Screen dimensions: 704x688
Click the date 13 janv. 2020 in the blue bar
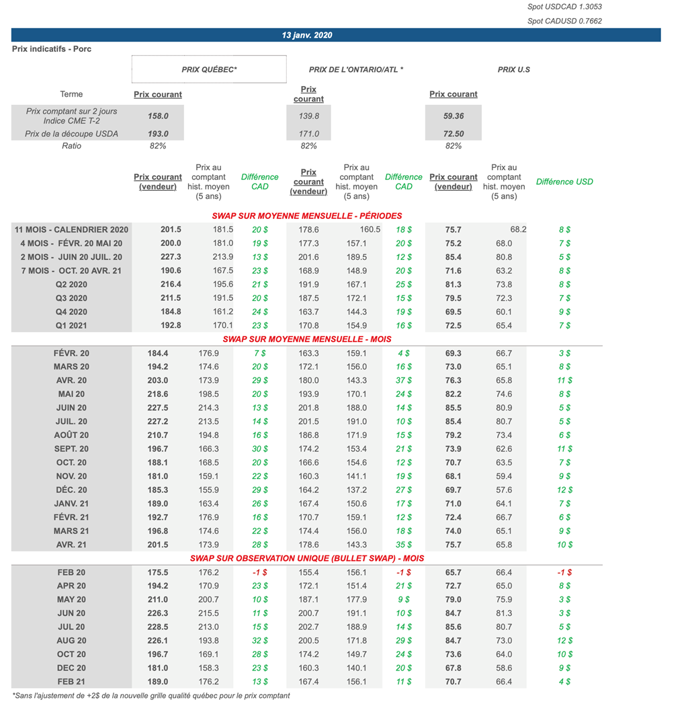307,35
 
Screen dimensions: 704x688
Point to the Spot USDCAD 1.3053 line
564,7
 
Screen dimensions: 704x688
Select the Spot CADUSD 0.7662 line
564,21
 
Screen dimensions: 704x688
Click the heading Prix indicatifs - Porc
52,49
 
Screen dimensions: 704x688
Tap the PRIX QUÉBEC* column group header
209,69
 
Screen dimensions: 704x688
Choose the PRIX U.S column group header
514,69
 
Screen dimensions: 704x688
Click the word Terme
71,95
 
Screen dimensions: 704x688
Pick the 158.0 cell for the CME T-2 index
158,116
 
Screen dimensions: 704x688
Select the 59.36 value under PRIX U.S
454,116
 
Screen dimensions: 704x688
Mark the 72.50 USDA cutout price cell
454,134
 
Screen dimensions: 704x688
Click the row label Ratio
71,146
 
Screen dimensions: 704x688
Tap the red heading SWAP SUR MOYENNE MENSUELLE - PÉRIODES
307,216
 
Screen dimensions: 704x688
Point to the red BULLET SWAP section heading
307,558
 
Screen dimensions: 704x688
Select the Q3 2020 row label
71,298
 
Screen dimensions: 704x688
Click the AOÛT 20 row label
71,435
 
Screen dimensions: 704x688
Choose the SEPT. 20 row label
71,449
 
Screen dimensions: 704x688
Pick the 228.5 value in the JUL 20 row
158,627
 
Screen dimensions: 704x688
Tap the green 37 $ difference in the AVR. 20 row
404,380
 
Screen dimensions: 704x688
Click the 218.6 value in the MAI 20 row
158,394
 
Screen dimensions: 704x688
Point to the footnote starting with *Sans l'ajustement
151,696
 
